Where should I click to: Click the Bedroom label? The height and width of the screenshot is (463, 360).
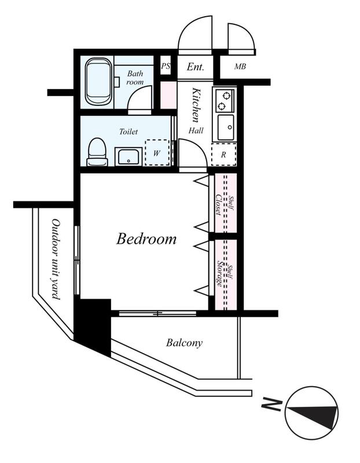coord(146,238)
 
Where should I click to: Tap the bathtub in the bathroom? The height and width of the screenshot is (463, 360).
coord(98,82)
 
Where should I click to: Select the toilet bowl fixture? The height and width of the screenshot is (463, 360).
coord(97,152)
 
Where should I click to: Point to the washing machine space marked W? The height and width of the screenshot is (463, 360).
coord(157,152)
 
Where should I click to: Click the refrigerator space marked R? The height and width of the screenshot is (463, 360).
coord(224,154)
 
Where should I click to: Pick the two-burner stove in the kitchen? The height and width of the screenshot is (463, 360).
coord(225,100)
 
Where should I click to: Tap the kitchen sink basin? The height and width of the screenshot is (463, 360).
coord(226,127)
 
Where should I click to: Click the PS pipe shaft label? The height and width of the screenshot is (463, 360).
coord(166,66)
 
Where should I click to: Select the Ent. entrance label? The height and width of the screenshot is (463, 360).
coord(195,67)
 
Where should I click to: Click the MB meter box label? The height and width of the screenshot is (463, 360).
coord(240,67)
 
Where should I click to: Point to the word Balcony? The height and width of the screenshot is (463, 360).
coord(184,343)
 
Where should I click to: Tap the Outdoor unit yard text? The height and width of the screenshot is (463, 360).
coord(56,259)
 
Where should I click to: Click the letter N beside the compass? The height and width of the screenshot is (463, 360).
coord(271,405)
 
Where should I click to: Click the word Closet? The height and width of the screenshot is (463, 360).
coord(219,205)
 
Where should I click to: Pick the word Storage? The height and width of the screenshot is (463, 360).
coord(220,274)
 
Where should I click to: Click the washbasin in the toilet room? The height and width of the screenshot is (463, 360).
coord(128,156)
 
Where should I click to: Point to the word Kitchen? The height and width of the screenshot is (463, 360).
coord(196,105)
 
